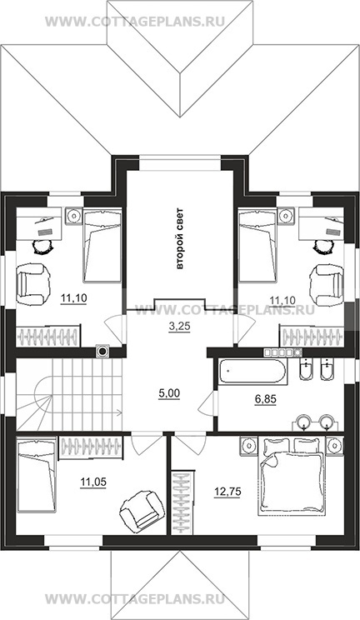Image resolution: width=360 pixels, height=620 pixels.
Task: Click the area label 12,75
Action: (x=227, y=492)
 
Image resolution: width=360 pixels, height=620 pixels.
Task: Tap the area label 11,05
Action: (x=93, y=482)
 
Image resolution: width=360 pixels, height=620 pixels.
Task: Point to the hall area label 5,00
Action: (x=169, y=393)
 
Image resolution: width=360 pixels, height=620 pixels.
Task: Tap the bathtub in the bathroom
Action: (x=252, y=371)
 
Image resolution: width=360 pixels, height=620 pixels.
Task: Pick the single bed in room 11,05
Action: (x=37, y=476)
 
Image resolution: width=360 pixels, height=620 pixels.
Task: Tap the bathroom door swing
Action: (x=207, y=402)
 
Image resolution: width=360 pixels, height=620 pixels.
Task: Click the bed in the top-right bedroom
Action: (x=257, y=246)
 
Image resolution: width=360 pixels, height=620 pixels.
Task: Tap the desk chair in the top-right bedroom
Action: (x=322, y=247)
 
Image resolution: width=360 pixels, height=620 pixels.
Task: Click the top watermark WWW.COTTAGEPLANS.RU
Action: (x=135, y=22)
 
